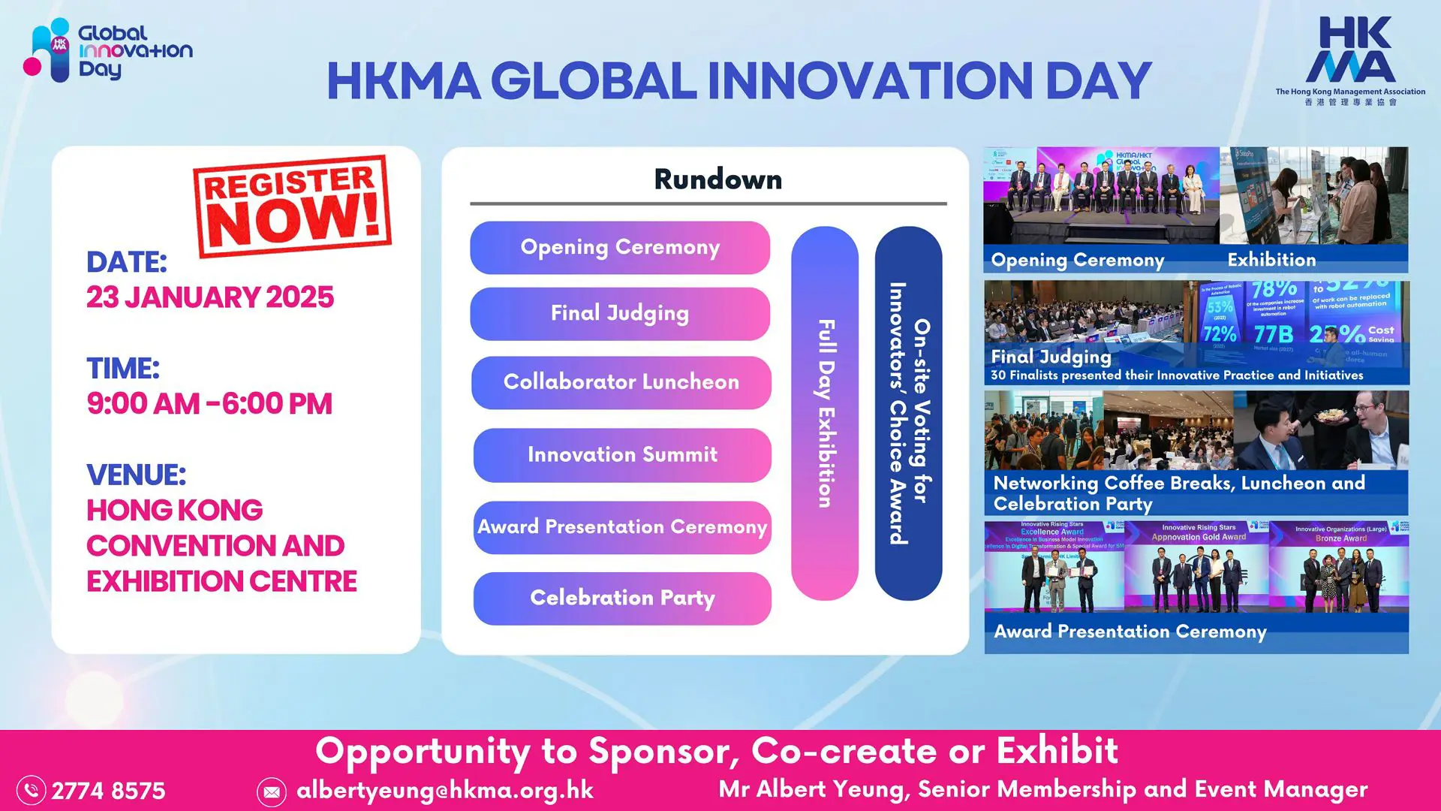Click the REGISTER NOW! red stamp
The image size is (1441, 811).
[292, 206]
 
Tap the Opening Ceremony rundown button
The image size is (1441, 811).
[620, 247]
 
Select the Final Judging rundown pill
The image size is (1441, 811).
[620, 313]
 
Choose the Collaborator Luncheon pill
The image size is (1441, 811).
[621, 382]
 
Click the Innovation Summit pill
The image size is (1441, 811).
[622, 455]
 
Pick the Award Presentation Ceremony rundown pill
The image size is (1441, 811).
[622, 527]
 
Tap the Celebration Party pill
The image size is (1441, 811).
[622, 598]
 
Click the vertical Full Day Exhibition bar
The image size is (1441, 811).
[825, 413]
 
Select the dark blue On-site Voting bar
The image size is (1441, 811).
[908, 413]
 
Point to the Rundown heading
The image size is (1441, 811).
[717, 179]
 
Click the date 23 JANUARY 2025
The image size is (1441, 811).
[210, 297]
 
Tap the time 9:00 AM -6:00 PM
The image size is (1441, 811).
[209, 404]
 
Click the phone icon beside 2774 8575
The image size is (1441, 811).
[32, 790]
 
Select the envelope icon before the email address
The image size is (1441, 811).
[271, 791]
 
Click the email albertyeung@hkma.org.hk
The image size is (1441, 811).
[445, 790]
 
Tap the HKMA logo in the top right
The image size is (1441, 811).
[1350, 60]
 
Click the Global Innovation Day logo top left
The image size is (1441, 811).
[109, 50]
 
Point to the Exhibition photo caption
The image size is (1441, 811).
[1271, 260]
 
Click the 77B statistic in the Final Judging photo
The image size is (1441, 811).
[1273, 333]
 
